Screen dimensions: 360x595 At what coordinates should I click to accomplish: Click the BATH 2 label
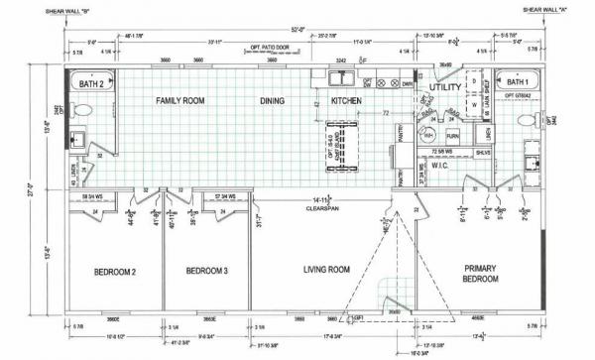[x=91, y=84]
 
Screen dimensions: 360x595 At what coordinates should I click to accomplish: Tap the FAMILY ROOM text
[x=180, y=101]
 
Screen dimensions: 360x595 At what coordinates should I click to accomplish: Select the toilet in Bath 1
[x=527, y=120]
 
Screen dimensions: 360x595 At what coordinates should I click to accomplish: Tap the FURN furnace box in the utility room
[x=452, y=135]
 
